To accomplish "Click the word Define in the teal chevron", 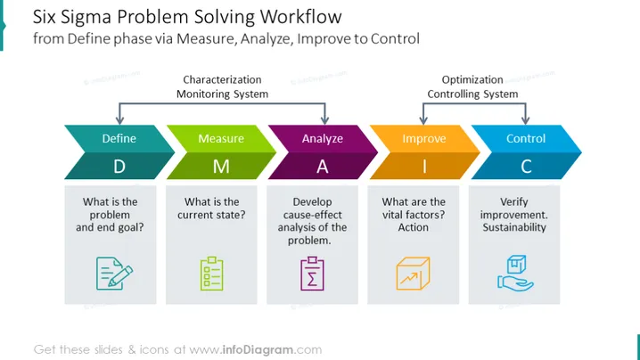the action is coord(119,138).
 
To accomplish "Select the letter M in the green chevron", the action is coord(221,167).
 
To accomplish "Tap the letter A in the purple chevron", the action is coord(323,167).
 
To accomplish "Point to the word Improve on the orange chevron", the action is coord(424,139).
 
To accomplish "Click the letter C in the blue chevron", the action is coord(526,167).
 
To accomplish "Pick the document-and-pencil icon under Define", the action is coord(114,274).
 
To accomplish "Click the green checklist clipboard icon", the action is coord(212,274).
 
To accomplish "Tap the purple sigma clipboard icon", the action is coord(312,274).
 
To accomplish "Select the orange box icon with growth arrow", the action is coord(413,274).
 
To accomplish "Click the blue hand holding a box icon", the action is coord(515,273).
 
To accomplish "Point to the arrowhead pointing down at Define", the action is coord(119,119).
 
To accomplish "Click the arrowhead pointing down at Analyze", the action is coord(324,119).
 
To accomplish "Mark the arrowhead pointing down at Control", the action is coord(525,119).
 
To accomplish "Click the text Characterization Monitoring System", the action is coord(223,86).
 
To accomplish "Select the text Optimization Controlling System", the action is coord(472,86).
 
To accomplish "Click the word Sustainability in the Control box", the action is coord(514,227).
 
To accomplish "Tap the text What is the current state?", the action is coord(211,209).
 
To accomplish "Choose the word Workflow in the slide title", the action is coord(300,17).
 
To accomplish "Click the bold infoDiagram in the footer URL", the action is coord(258,350).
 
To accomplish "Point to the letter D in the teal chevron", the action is coord(119,167).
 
